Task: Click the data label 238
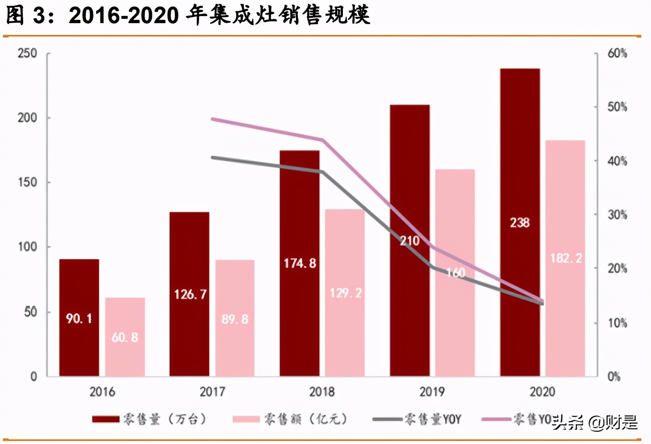[520, 222]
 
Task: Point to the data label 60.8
[125, 337]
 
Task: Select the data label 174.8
[300, 263]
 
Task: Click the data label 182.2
[566, 258]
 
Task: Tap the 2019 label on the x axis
[432, 391]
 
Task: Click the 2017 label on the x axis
[212, 391]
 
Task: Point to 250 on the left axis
[28, 53]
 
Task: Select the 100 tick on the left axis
[28, 247]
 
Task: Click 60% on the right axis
[617, 53]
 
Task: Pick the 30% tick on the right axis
[617, 215]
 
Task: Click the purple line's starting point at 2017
[212, 118]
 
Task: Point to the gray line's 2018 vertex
[323, 171]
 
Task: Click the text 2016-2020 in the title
[124, 15]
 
